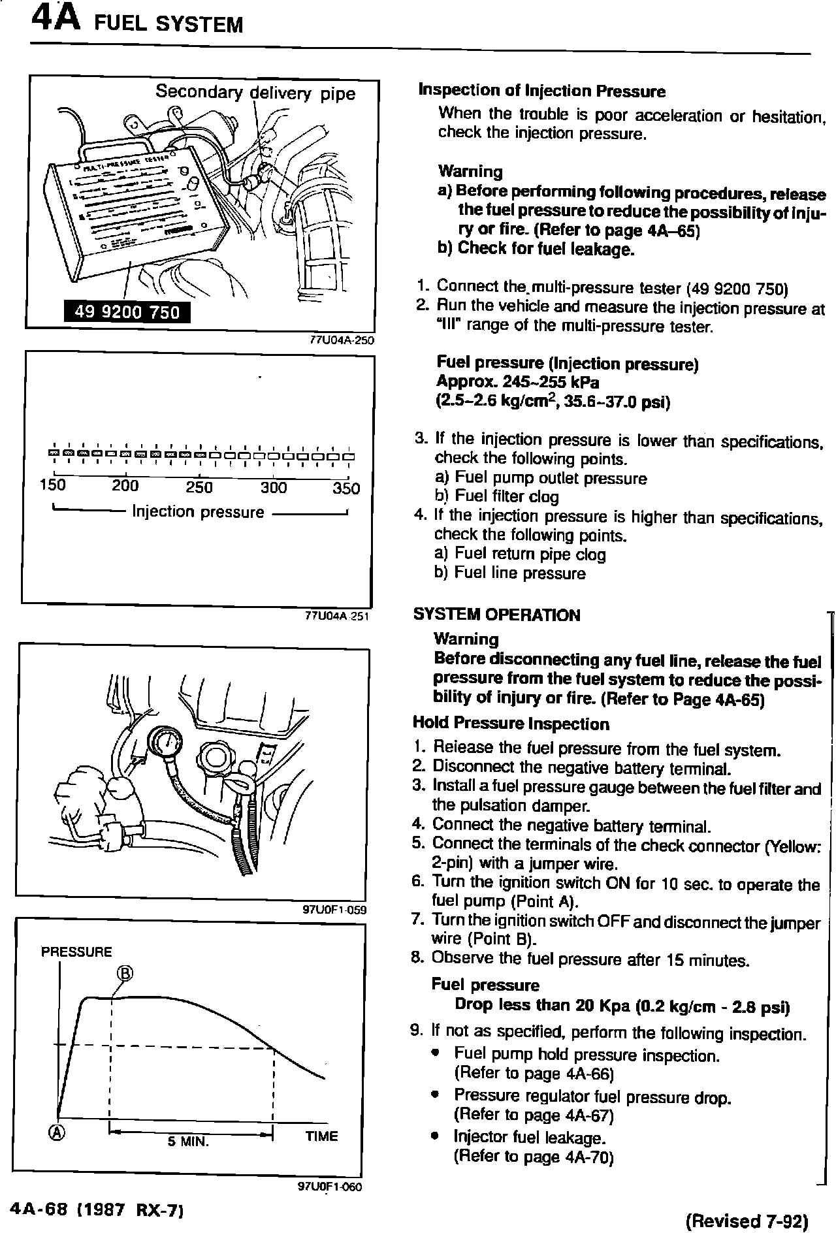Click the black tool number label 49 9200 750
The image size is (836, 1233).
[127, 312]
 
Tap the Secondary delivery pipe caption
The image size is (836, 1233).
[255, 93]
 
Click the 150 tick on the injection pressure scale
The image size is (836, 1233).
[53, 487]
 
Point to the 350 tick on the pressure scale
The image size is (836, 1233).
[346, 488]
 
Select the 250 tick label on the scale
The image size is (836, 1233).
[199, 487]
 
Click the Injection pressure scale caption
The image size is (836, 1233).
[198, 512]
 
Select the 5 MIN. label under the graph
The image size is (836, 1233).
[188, 1142]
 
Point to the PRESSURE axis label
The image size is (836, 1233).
[76, 952]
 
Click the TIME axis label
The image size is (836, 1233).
[321, 1136]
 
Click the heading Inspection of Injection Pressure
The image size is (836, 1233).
[541, 91]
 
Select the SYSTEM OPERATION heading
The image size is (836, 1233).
[496, 615]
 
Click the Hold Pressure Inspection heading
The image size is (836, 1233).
[511, 724]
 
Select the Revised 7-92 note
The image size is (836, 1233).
[748, 1221]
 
